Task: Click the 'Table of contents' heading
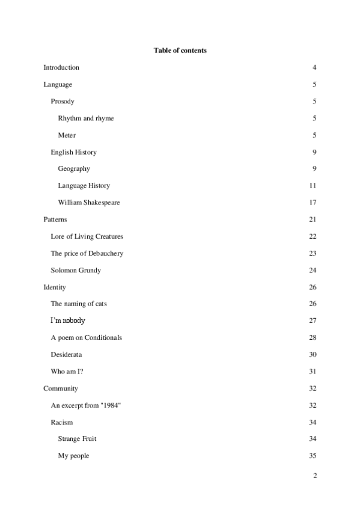(180, 51)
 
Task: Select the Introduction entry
(61, 67)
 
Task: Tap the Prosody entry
(63, 102)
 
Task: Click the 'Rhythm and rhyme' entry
(86, 118)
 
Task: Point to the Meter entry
(67, 135)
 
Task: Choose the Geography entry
(74, 169)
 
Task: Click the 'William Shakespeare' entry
(89, 203)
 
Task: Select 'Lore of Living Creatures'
(87, 236)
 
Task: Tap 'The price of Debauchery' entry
(87, 253)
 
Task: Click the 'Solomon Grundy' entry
(76, 270)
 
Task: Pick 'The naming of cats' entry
(79, 304)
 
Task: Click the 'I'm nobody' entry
(68, 321)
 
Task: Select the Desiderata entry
(66, 354)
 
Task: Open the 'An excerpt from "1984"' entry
(86, 405)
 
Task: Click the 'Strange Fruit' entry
(77, 439)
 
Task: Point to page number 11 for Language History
(313, 186)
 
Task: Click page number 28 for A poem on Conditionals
(313, 337)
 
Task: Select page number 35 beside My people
(313, 456)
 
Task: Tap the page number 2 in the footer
(314, 476)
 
